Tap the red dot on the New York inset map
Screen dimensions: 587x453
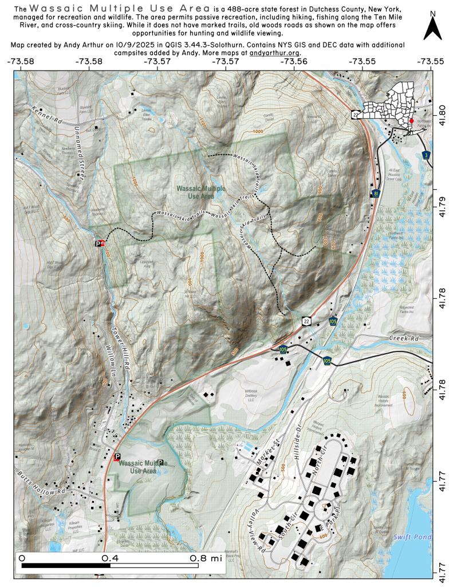click(411, 121)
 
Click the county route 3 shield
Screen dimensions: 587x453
click(426, 155)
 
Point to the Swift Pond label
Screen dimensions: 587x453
click(410, 537)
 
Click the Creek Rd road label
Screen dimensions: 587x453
click(404, 339)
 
